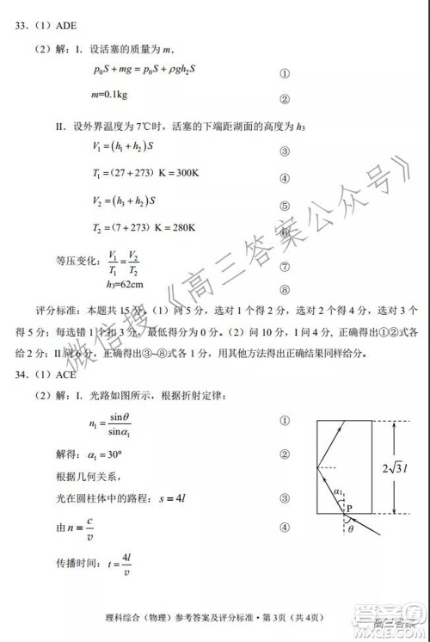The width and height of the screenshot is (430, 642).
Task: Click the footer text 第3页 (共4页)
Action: point(294,616)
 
